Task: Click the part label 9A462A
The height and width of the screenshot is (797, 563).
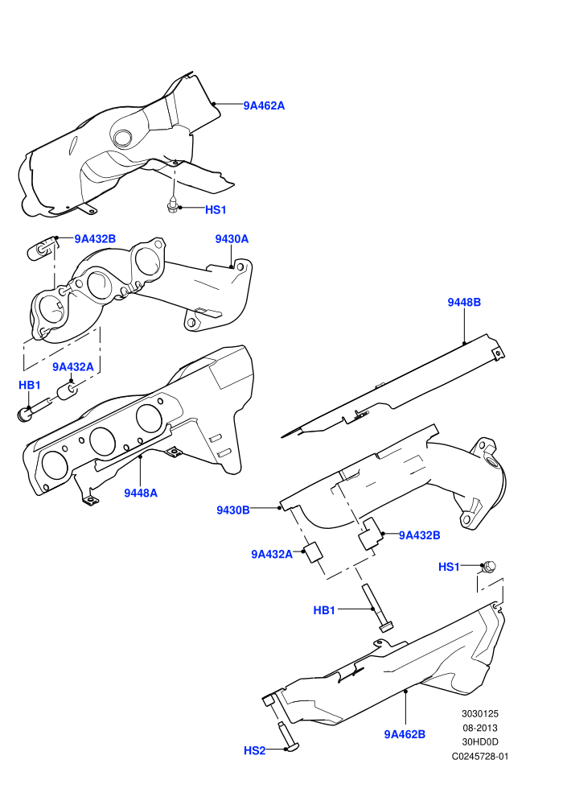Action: click(264, 105)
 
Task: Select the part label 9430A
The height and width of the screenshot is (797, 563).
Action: click(232, 239)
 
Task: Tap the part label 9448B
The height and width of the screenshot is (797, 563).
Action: click(464, 302)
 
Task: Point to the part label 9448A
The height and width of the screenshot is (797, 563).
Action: click(141, 493)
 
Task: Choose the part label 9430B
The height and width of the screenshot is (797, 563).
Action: click(233, 510)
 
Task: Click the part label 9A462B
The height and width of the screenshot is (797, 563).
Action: click(405, 734)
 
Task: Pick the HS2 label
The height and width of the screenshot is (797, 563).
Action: click(254, 750)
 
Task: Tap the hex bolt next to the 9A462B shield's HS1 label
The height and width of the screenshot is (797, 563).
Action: click(489, 566)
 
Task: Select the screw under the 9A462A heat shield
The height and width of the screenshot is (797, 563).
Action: click(173, 204)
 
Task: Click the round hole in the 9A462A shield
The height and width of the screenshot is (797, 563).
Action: click(123, 137)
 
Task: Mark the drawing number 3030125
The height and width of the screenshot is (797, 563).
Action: click(479, 713)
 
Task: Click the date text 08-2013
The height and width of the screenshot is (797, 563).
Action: click(479, 728)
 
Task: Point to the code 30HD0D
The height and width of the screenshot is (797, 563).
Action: click(479, 742)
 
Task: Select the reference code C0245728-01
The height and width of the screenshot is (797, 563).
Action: click(479, 756)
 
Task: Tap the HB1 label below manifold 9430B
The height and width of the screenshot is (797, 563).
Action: click(324, 610)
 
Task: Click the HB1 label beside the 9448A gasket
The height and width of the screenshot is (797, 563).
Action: click(30, 386)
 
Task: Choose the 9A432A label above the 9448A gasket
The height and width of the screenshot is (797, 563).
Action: click(73, 367)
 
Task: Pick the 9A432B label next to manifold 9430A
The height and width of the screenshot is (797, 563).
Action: click(95, 239)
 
